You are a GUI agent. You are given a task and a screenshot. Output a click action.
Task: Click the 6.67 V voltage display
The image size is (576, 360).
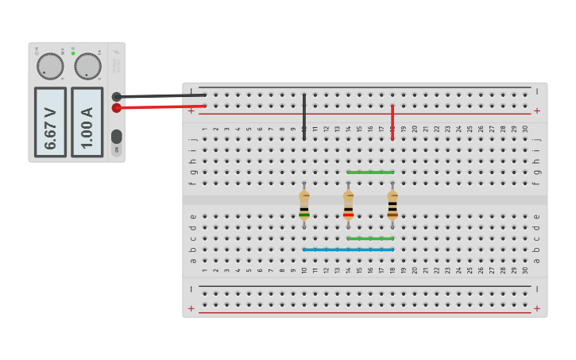[50, 122]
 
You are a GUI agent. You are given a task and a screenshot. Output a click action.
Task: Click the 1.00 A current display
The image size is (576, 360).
[87, 122]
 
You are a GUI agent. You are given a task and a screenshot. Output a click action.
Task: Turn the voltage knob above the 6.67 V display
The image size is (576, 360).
[50, 67]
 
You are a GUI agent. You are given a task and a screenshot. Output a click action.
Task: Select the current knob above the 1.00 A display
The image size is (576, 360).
[87, 67]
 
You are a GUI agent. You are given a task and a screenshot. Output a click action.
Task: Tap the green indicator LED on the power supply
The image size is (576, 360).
[73, 53]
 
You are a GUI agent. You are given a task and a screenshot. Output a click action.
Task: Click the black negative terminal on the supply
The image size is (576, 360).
[117, 97]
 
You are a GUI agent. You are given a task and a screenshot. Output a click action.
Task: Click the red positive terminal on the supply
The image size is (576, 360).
[117, 108]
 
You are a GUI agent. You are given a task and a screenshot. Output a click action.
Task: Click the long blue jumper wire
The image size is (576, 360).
[348, 250]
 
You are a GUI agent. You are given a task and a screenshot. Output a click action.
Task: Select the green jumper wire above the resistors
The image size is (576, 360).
[370, 172]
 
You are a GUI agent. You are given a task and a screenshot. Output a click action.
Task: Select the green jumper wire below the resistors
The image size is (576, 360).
[370, 238]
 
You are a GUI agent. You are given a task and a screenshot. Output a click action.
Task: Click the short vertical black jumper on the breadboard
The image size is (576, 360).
[304, 117]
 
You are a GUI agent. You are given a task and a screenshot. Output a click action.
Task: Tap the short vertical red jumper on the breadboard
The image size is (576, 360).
[392, 122]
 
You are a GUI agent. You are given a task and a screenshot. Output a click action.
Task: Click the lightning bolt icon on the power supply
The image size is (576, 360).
[117, 53]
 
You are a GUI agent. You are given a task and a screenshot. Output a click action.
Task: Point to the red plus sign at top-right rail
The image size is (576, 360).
[537, 110]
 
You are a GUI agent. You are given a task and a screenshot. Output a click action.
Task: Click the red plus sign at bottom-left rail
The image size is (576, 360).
[191, 308]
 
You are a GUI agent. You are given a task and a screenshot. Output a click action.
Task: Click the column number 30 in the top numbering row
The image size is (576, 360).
[525, 128]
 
